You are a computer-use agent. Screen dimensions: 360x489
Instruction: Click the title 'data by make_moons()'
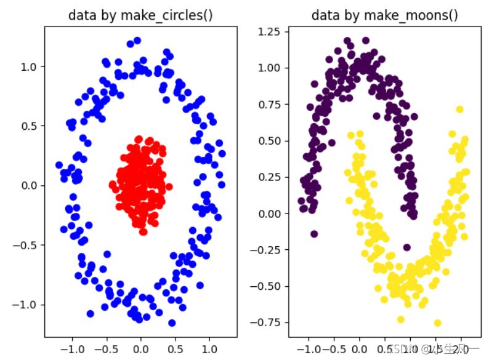[x=384, y=15]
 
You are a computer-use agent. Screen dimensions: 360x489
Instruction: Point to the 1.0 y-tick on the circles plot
[x=30, y=66]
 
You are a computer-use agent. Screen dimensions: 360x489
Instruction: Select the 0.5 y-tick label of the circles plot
[x=30, y=126]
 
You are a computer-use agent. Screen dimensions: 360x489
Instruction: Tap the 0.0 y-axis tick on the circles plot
[x=30, y=185]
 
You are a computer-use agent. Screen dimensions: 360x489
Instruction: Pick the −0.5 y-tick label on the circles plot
[x=26, y=245]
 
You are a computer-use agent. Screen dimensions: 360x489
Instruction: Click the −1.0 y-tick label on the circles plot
[x=26, y=305]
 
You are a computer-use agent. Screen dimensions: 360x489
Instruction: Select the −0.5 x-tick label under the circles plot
[x=106, y=349]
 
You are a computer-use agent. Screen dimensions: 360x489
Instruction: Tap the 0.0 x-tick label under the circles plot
[x=140, y=349]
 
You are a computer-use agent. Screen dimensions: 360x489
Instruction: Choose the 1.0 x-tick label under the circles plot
[x=209, y=349]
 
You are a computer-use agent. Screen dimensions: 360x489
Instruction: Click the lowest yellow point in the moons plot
[x=437, y=322]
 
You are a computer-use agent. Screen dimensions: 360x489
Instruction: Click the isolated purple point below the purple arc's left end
[x=314, y=234]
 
